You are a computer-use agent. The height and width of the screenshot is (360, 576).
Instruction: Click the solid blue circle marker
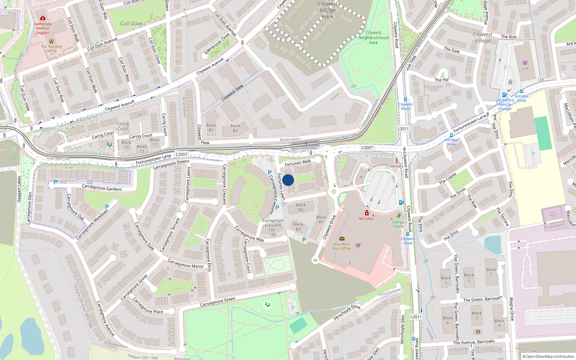click(x=288, y=180)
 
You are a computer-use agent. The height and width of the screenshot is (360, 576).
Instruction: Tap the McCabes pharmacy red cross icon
click(x=366, y=213)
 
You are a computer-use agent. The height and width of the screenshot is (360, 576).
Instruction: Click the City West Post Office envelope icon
click(x=342, y=239)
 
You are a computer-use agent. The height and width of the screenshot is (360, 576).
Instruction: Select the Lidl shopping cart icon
click(x=525, y=63)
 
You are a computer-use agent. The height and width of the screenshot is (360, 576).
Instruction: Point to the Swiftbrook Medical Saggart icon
click(x=43, y=18)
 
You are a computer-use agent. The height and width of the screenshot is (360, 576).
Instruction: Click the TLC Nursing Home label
click(x=51, y=49)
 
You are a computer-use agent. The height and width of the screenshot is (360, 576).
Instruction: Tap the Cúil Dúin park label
click(x=131, y=23)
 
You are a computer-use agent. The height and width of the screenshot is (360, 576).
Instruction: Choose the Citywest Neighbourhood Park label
click(x=373, y=37)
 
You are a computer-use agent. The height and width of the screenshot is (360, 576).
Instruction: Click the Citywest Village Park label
click(x=328, y=10)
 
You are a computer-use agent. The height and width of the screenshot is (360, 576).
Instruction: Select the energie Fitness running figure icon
click(x=399, y=216)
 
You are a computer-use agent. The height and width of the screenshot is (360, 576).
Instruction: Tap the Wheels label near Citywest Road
click(x=396, y=166)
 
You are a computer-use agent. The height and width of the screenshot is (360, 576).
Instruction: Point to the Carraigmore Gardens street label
click(x=102, y=188)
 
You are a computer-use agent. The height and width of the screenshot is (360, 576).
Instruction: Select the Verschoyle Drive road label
click(x=347, y=312)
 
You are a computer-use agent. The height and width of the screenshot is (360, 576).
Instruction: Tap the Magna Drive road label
click(x=511, y=309)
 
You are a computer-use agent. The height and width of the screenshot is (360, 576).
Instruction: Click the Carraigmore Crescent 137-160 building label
click(x=273, y=228)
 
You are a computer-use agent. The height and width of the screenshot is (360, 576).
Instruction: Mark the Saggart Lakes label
click(x=19, y=189)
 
